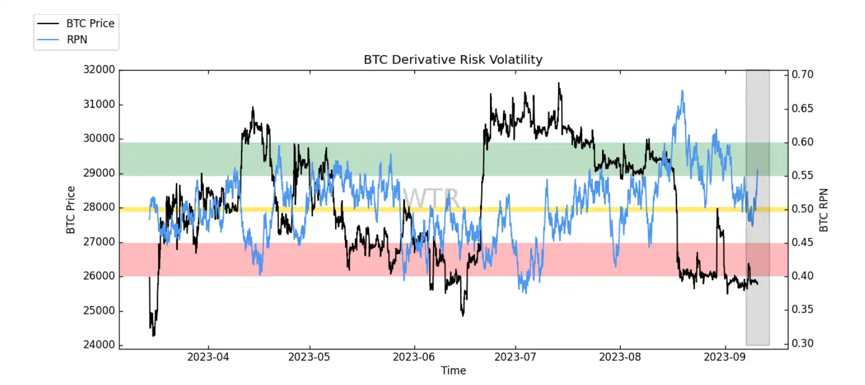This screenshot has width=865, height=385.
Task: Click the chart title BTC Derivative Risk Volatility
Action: click(x=453, y=60)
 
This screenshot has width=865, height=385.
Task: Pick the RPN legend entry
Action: click(x=77, y=39)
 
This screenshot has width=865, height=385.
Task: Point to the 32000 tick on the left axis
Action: click(x=99, y=69)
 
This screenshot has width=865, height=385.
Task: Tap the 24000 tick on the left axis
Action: click(x=99, y=345)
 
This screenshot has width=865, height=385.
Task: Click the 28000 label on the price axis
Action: click(x=99, y=207)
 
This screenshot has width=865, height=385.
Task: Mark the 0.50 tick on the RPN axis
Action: click(x=802, y=209)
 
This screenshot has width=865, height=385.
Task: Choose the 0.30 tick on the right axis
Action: click(x=802, y=343)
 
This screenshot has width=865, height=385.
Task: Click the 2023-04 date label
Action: click(x=208, y=357)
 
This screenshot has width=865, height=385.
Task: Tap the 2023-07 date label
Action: click(x=515, y=357)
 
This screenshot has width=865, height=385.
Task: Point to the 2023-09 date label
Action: click(x=724, y=357)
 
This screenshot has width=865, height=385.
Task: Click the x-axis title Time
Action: click(x=453, y=371)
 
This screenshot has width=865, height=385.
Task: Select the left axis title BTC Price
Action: click(x=71, y=210)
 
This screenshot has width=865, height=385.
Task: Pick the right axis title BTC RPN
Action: click(x=823, y=210)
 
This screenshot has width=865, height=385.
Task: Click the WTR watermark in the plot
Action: click(x=431, y=197)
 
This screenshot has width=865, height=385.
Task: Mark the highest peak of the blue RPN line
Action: click(x=682, y=91)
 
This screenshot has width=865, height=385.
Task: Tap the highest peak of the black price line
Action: click(x=559, y=83)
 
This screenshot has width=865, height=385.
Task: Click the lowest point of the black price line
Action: click(x=154, y=336)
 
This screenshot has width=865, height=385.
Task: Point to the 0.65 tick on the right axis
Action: click(x=802, y=108)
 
